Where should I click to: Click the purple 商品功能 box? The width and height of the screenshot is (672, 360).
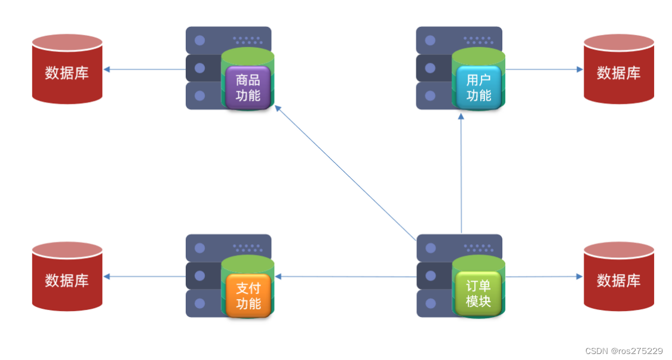coord(248,87)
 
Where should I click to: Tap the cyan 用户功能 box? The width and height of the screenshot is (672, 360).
coord(478,87)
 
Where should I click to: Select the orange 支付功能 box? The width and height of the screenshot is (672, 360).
coord(248,296)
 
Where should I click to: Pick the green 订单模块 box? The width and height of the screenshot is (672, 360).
coord(478,294)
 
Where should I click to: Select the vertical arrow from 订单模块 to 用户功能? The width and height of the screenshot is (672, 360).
coord(461,173)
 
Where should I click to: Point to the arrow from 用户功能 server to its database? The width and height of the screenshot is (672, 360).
coord(544,69)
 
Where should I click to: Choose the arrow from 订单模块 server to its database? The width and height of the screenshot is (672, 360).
coord(544,276)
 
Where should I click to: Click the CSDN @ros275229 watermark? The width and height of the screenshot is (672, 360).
coord(624,351)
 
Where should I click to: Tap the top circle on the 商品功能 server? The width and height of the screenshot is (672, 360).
coord(200,41)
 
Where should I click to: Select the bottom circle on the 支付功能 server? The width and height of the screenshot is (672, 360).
coord(200,303)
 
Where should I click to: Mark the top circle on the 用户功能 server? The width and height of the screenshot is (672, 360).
coord(430,41)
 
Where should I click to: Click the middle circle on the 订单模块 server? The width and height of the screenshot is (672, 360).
coord(430,276)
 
